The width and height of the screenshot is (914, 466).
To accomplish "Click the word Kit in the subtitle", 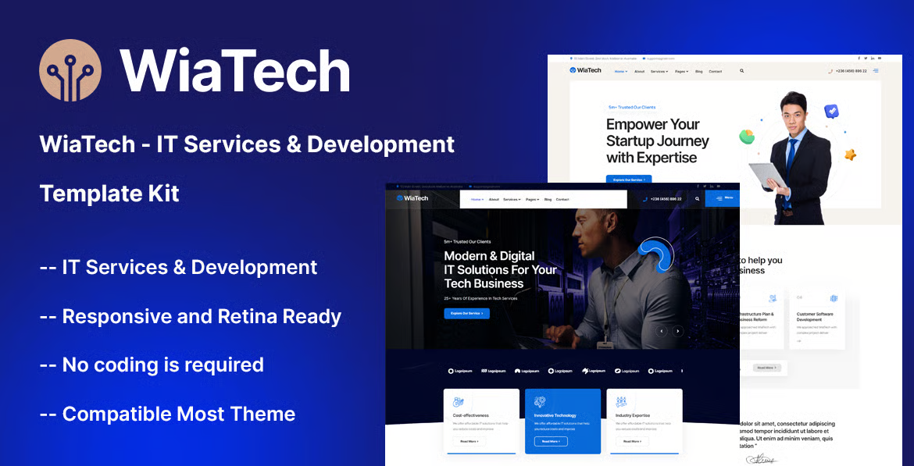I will [162, 194].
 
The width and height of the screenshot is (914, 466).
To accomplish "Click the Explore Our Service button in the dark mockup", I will [466, 313].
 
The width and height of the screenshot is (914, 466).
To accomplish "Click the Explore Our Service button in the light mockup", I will [628, 180].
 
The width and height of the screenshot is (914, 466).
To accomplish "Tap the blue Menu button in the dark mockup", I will [723, 198].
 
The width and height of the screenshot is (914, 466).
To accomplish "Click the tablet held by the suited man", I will [769, 175].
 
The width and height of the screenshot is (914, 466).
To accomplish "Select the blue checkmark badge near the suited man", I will [831, 111].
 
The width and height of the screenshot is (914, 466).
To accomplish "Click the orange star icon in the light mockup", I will [850, 155].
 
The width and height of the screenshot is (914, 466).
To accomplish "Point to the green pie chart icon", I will [747, 137].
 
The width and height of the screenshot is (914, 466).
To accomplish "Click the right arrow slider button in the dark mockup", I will [678, 331].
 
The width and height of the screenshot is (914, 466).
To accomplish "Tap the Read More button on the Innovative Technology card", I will [551, 441].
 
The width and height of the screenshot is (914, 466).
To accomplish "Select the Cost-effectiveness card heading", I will [471, 415].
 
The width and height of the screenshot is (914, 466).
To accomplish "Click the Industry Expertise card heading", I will [633, 415].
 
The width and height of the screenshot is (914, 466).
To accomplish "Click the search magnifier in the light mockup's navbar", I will [741, 71].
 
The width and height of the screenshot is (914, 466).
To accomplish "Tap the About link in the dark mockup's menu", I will [494, 199].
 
